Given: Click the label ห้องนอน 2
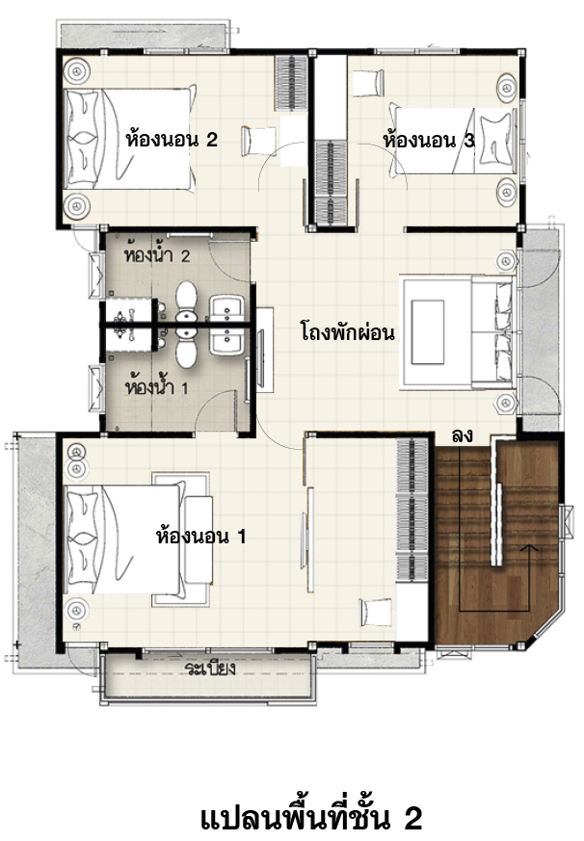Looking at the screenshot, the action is click(172, 140).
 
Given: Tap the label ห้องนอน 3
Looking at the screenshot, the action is click(429, 140).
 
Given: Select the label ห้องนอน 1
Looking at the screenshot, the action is click(200, 536).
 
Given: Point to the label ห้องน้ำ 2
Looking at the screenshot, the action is click(157, 253).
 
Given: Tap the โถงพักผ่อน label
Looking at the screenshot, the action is click(347, 331).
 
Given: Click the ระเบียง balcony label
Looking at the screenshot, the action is click(211, 669).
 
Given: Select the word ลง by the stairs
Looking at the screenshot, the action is click(463, 436).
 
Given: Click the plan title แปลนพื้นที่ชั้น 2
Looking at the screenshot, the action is click(310, 817).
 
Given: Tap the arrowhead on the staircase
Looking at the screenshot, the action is click(530, 548).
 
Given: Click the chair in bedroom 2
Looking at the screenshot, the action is click(258, 141).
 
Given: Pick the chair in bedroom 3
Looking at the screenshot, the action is click(369, 83).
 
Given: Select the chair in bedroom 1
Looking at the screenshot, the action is click(378, 612).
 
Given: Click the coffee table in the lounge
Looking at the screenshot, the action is click(428, 332).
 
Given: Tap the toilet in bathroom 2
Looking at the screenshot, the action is click(187, 302).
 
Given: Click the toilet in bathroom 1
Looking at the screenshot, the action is click(187, 348).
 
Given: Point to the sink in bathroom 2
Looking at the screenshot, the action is click(227, 308).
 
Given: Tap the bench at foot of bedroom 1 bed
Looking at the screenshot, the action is click(199, 539).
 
